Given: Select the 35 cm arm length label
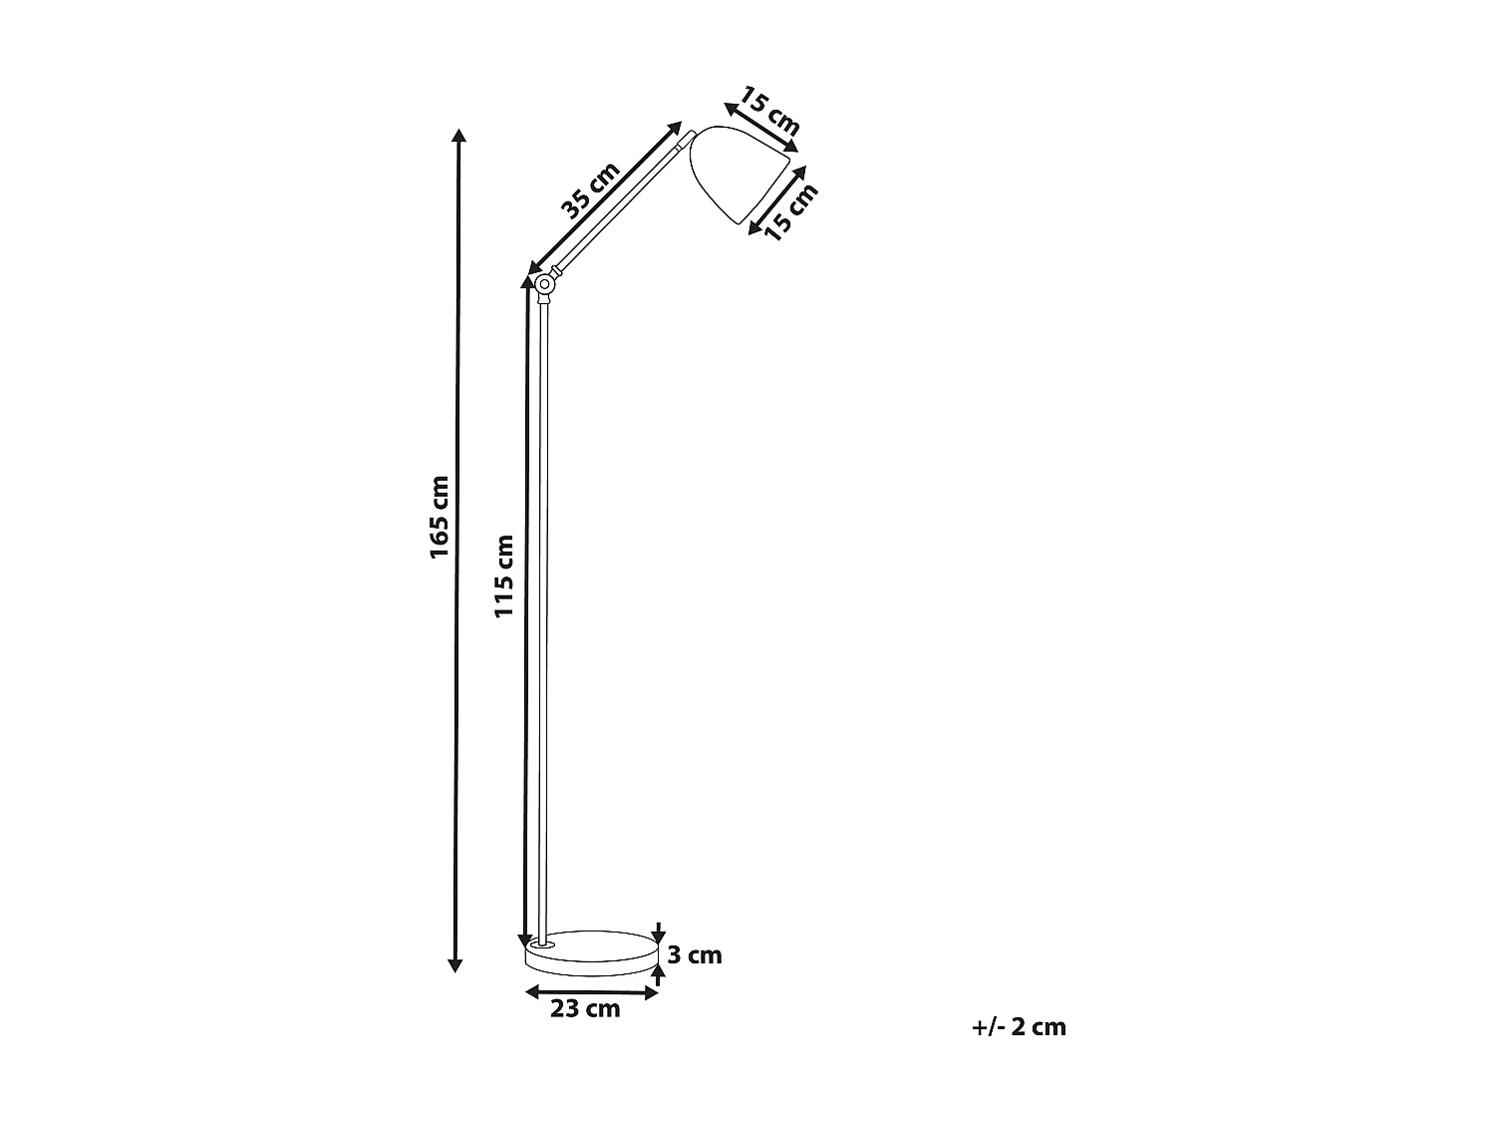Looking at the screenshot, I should point(590,189).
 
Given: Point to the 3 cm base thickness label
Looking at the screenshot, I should point(694,955).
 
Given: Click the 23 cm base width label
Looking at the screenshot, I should point(586,1009).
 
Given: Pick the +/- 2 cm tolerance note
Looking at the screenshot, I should point(1019,1027).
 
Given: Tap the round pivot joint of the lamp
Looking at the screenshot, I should point(544,286).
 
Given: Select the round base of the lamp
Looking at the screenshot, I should point(592,953).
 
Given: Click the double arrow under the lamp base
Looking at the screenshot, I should point(592,991).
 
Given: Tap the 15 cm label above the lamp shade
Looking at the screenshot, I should point(769,111).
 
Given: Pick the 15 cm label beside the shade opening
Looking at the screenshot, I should point(790,212).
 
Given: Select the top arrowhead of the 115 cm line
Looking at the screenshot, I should point(526,283).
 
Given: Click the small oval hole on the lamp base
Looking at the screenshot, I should point(543,942).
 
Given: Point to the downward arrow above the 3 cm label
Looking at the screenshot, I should point(659,930).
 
